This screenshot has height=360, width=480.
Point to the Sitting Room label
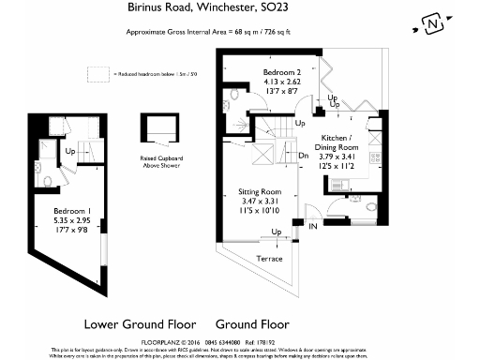(x=259, y=192)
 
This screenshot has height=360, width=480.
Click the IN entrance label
(x=314, y=225)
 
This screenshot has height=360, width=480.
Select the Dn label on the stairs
(x=304, y=155)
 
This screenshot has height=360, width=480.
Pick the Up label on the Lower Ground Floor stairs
(x=71, y=150)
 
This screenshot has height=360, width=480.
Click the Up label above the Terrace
(x=275, y=232)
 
